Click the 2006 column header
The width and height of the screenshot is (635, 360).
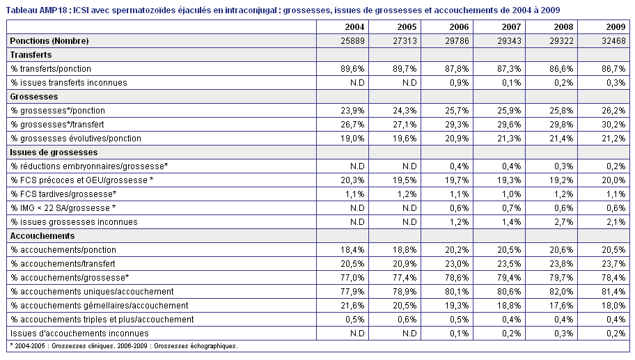tap(459, 27)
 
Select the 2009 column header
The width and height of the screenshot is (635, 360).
tap(616, 27)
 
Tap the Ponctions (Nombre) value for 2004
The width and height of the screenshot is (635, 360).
tap(352, 41)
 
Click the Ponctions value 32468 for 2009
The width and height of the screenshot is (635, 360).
tap(613, 41)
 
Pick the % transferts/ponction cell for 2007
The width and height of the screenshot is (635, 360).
tap(509, 69)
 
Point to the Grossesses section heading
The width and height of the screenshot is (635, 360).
tap(34, 97)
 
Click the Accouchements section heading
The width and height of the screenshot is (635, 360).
tap(42, 236)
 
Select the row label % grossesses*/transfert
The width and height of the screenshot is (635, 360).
tap(57, 125)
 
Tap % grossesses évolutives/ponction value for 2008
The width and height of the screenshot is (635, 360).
tap(561, 139)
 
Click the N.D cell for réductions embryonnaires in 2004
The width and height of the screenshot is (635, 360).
tap(357, 166)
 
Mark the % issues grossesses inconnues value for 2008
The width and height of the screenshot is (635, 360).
tap(563, 222)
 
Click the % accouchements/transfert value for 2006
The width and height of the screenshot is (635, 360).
tap(457, 264)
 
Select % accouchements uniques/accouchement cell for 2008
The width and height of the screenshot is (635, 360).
tap(561, 292)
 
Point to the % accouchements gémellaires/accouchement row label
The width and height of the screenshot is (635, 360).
tap(99, 306)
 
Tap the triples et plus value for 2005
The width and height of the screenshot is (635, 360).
tap(407, 320)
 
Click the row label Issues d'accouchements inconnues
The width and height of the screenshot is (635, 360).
tap(79, 334)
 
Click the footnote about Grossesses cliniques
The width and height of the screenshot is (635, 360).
tap(124, 346)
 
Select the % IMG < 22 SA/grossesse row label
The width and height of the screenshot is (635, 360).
tap(63, 208)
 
